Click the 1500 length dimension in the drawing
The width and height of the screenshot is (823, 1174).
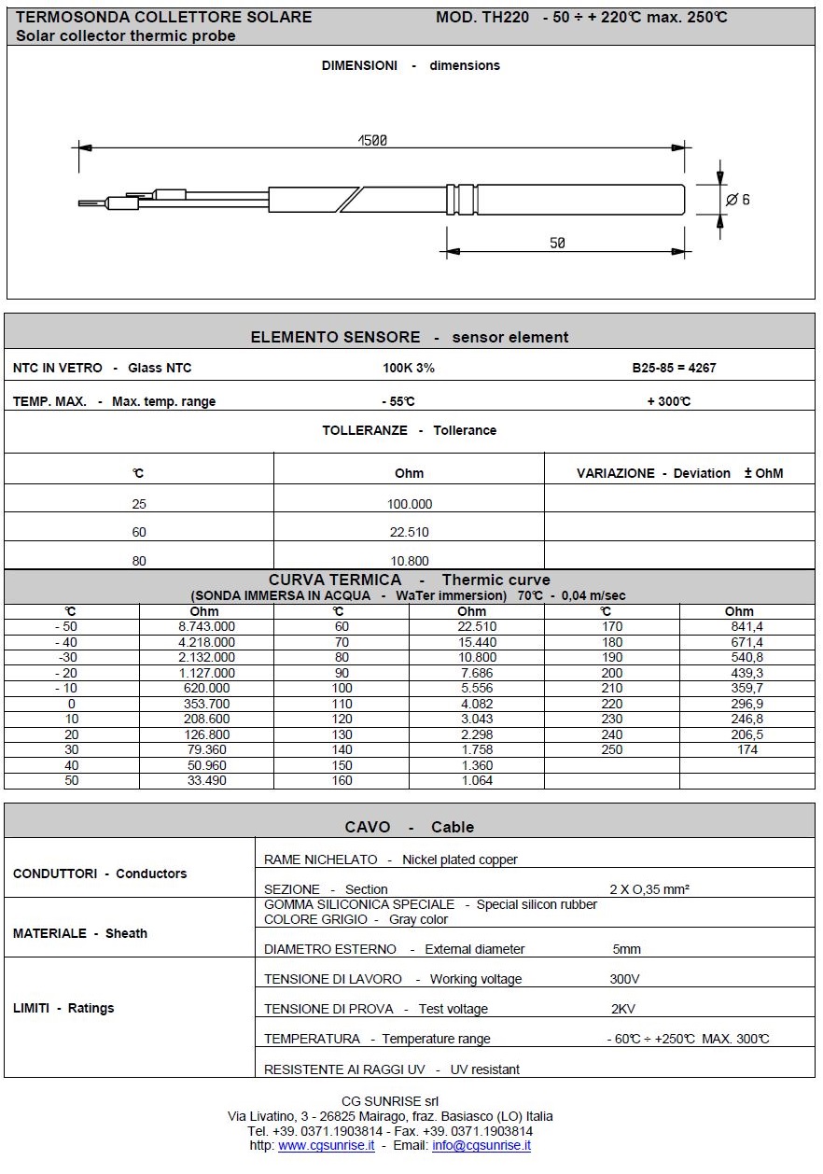pos(372,141)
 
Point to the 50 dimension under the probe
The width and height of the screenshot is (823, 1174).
pos(557,243)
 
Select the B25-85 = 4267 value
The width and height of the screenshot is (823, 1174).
pos(674,368)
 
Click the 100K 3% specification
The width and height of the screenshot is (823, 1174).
pos(409,368)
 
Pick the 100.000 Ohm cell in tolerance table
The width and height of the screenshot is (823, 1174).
pos(409,504)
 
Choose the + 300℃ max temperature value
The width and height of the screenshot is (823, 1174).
pos(668,401)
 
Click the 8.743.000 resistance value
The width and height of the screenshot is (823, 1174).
pos(206,627)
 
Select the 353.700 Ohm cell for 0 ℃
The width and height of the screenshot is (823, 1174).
pos(206,704)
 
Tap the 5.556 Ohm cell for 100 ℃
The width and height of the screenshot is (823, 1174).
pos(478,689)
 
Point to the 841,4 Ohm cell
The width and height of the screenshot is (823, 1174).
pos(747,627)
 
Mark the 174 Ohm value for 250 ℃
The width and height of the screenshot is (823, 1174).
pos(747,750)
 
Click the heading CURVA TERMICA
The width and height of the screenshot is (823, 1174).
pos(335,580)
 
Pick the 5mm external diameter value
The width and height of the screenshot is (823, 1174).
pos(627,949)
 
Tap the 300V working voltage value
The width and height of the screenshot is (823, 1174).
pos(625,979)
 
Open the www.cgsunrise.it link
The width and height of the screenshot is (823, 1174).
pos(327,1145)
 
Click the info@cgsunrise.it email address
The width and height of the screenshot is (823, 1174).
pos(481,1145)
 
